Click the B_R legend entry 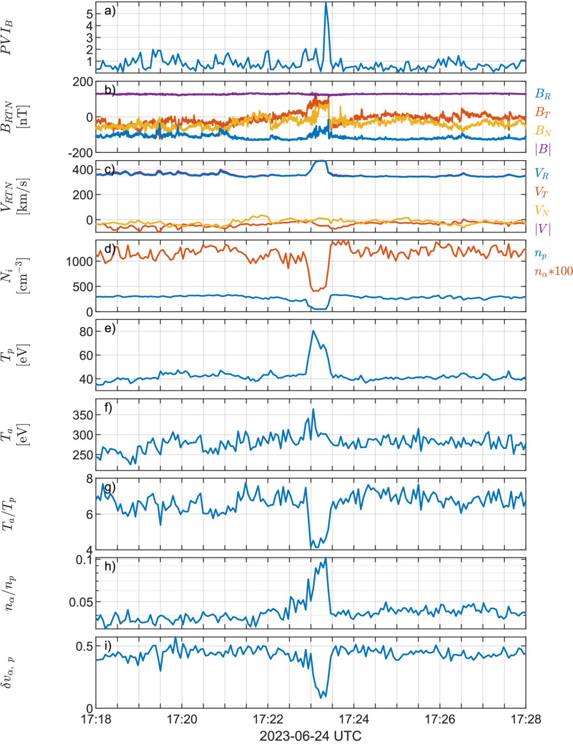543,94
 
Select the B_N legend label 543,131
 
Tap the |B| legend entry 543,149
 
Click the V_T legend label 541,192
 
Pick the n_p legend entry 540,254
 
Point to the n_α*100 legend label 554,271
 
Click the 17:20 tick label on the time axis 182,719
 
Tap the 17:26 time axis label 440,719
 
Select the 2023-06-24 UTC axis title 310,736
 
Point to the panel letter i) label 108,646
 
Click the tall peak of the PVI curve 326,3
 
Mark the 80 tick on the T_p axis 86,332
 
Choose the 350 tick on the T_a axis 83,415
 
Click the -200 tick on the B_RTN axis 80,153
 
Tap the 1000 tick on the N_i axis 80,261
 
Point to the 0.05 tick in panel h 81,603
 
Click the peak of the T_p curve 313,331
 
